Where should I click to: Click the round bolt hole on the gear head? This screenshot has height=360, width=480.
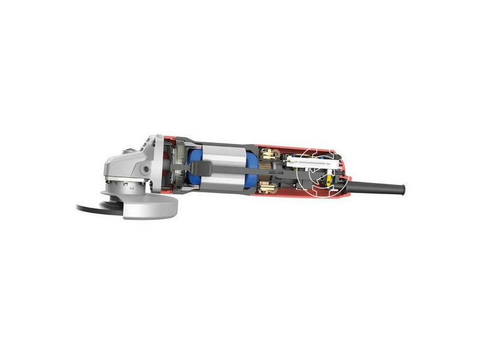pos(145,170)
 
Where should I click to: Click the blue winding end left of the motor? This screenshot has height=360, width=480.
pos(194,169)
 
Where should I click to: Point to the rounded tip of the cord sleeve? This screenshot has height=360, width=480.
pos(402,190)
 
